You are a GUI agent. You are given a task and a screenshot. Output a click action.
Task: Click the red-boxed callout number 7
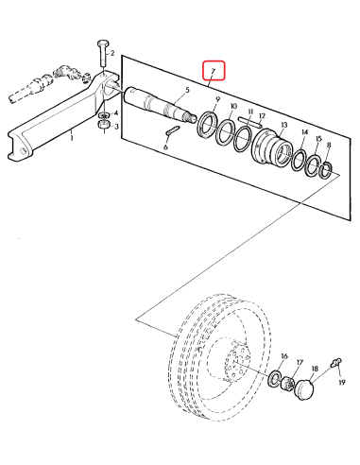[214, 71]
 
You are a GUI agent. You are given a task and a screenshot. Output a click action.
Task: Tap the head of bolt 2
[103, 43]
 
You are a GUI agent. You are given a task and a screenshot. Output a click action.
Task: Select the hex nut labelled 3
[104, 125]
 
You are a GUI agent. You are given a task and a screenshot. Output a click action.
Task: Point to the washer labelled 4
[104, 114]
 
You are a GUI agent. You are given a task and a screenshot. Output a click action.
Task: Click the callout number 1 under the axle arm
[72, 138]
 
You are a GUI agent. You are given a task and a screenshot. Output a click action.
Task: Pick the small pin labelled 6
[172, 130]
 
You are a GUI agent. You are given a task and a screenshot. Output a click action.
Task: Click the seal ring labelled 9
[206, 125]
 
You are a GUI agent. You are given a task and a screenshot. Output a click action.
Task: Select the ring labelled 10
[226, 132]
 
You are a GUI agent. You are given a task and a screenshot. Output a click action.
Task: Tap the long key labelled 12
[249, 122]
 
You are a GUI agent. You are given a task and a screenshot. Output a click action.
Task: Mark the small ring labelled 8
[326, 169]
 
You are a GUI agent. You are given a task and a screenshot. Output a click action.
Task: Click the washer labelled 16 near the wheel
[274, 378]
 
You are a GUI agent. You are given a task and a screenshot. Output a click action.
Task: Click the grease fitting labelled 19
[335, 363]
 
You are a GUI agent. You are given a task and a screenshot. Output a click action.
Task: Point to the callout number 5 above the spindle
[188, 91]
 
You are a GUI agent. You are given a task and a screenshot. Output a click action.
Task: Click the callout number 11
[250, 112]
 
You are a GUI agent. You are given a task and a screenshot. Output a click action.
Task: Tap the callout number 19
[342, 382]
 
